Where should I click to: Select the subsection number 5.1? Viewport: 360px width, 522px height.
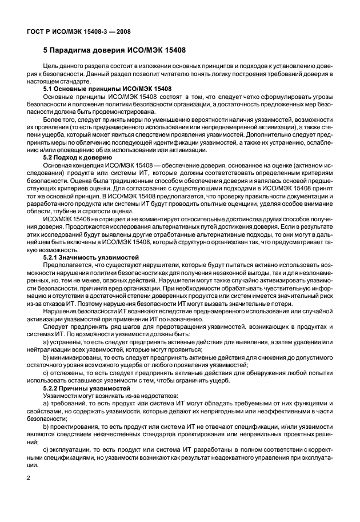(50, 90)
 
